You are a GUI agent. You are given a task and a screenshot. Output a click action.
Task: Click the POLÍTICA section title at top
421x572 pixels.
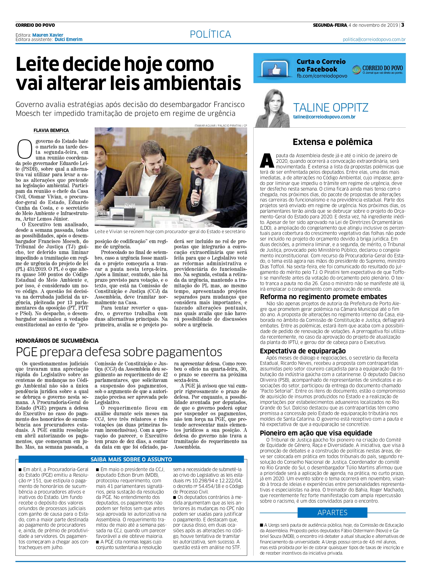(210, 34)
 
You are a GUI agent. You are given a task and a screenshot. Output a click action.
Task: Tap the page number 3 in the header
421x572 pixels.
(403, 25)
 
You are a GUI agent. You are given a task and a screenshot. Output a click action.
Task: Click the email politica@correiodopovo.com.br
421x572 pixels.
(374, 39)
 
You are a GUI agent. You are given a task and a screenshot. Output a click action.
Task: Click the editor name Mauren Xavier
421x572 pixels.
(48, 35)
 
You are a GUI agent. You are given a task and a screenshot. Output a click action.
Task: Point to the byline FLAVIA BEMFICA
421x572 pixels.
(51, 130)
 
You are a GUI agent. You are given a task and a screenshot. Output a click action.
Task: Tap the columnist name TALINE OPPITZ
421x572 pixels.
(331, 108)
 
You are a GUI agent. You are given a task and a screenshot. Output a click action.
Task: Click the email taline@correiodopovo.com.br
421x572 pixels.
(324, 117)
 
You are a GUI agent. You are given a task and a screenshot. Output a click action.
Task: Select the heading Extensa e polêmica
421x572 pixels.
(332, 142)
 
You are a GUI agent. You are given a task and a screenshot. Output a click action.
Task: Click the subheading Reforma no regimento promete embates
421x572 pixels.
(324, 297)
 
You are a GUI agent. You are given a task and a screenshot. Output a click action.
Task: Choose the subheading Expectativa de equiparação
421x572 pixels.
(303, 351)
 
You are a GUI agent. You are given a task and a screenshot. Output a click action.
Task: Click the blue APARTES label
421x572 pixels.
(332, 513)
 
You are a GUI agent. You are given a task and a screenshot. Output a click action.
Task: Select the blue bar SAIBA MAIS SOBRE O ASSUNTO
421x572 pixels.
(131, 459)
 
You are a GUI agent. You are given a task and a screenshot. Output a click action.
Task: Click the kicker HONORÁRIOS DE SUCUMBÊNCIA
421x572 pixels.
(57, 341)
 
